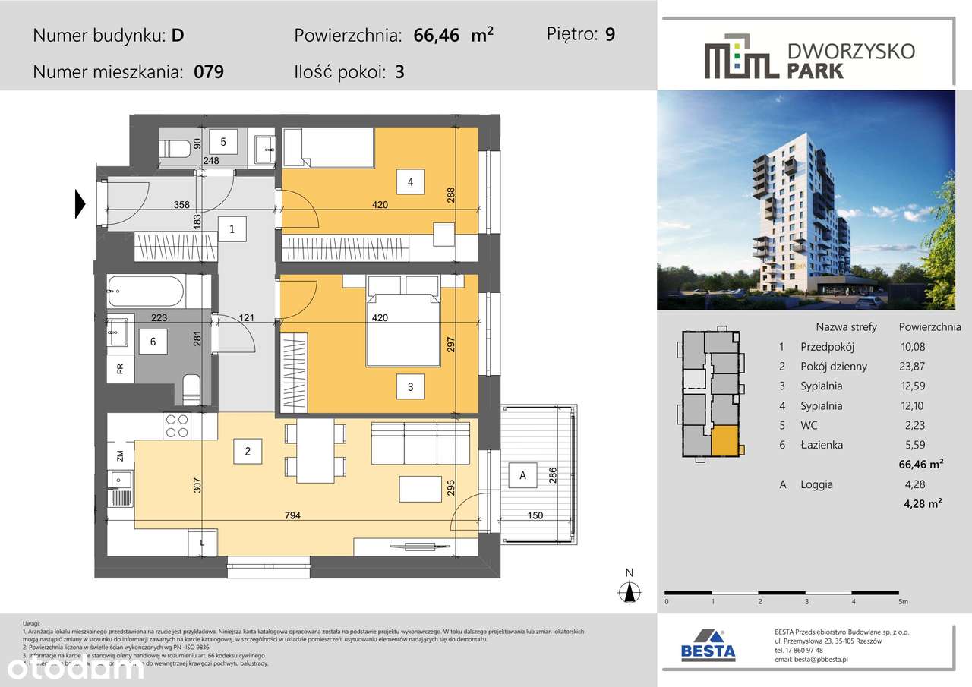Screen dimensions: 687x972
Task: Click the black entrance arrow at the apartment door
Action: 80,204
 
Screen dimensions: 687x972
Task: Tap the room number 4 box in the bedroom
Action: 410,182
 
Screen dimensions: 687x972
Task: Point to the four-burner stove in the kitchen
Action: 177,426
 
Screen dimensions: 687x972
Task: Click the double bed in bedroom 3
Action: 402,323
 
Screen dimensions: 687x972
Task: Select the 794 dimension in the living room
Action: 292,516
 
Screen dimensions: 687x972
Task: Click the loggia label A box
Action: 522,475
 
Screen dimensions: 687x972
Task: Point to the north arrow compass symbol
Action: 629,591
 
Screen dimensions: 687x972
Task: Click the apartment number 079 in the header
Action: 209,73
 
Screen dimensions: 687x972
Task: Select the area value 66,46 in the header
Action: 437,36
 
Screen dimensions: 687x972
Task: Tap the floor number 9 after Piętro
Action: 610,35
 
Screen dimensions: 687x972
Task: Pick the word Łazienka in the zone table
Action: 822,445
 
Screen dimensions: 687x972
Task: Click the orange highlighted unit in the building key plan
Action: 724,440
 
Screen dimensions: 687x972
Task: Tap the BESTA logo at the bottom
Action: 708,644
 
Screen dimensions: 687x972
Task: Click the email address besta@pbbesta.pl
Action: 811,660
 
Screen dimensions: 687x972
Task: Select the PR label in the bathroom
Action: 120,370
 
